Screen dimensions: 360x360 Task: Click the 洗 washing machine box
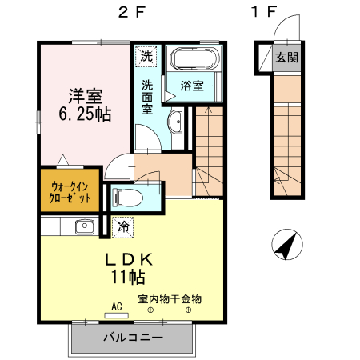point(146,56)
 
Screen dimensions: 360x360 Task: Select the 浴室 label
point(192,86)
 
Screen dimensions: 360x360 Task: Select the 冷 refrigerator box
point(122,226)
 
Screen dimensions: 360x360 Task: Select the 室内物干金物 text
point(170,299)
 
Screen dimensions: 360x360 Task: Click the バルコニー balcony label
point(133,338)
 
